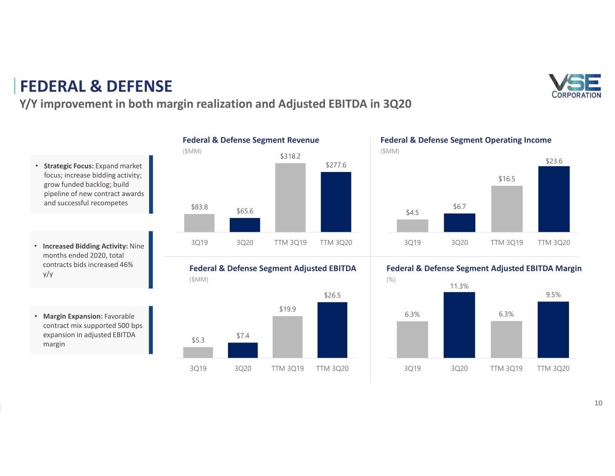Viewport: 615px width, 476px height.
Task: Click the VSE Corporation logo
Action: point(576,86)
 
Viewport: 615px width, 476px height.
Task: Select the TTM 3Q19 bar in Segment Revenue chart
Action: point(290,198)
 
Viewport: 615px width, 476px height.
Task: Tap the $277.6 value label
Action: point(336,165)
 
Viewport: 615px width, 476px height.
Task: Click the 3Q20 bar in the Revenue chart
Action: point(245,225)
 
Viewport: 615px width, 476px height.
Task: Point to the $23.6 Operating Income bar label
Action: point(554,161)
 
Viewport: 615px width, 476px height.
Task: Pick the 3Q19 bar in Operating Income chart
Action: point(412,226)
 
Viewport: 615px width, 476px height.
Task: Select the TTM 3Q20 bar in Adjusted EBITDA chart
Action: point(332,330)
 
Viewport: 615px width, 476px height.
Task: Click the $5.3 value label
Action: point(198,340)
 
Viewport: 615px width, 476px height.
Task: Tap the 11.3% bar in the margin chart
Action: point(459,325)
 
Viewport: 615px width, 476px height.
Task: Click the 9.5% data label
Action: point(553,295)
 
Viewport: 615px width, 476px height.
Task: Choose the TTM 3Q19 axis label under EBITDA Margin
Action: point(506,369)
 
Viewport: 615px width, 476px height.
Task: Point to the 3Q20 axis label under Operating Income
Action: point(459,243)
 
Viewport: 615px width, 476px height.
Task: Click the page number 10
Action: point(598,403)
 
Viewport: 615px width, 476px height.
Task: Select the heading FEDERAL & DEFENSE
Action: point(96,86)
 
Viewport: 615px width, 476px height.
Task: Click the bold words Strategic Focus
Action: point(68,166)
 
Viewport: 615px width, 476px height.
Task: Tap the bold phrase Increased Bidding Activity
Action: point(85,246)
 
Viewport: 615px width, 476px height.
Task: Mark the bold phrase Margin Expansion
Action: point(73,316)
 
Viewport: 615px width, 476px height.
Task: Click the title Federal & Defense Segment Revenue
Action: point(251,140)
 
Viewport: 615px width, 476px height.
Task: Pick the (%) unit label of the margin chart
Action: point(391,280)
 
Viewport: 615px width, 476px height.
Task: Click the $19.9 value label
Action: point(287,309)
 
